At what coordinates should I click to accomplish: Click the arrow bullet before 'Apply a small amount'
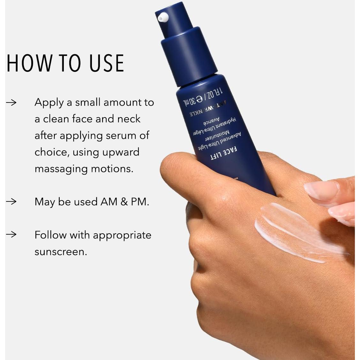pyautogui.click(x=11, y=102)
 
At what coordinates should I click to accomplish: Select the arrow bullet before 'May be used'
pyautogui.click(x=11, y=202)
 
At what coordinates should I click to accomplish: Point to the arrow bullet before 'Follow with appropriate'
pyautogui.click(x=11, y=235)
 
